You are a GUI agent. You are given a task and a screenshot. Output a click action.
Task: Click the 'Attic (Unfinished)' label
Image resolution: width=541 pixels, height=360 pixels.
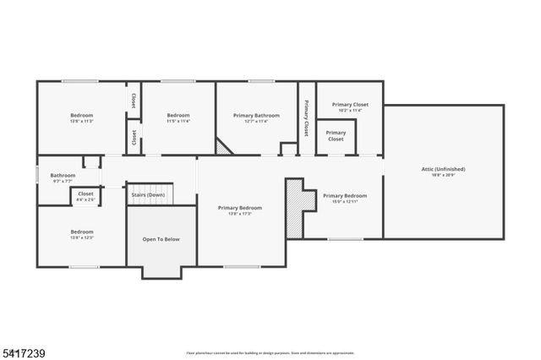tap(443, 169)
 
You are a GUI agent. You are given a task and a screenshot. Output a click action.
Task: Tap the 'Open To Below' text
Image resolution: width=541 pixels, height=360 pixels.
tap(161, 239)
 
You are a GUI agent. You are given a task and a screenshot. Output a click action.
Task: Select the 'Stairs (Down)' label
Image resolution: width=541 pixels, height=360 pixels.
tap(148, 195)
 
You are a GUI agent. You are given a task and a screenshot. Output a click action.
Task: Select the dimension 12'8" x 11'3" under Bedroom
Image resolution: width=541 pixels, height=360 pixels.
tap(81, 121)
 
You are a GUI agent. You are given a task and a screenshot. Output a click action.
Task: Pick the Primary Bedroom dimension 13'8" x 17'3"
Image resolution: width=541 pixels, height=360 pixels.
tap(239, 214)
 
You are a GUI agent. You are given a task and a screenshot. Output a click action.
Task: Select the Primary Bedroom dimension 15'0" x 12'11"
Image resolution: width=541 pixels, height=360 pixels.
tap(344, 202)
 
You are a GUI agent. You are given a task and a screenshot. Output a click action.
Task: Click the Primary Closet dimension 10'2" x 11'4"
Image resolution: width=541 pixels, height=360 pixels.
tap(349, 111)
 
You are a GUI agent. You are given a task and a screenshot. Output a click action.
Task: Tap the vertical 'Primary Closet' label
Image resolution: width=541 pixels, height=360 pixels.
tap(305, 118)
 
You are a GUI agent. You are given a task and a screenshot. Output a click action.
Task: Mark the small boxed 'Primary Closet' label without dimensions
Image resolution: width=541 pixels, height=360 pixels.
tap(336, 135)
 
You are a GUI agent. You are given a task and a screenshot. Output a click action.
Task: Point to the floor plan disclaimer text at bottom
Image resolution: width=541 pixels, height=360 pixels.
tap(270, 352)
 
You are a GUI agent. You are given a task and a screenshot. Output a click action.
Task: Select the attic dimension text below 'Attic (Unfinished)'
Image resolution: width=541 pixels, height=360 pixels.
tap(443, 175)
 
